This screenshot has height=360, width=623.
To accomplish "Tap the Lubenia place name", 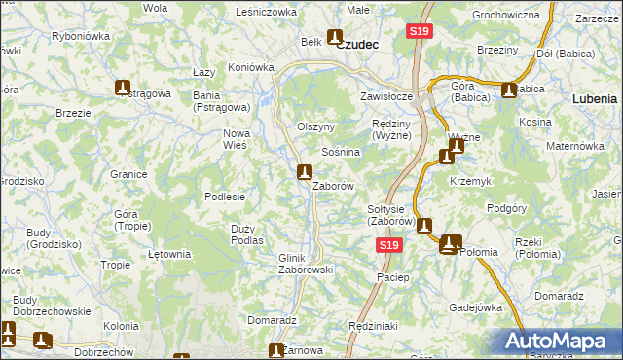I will point(595,99).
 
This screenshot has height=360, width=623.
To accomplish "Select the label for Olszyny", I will point(315,127).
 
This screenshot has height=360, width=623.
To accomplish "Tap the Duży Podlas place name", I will point(248,234).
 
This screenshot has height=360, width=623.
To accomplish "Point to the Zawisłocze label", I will point(388,97).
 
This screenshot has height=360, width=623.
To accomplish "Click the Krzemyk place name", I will point(468,182).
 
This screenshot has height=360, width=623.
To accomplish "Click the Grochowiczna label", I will point(505,16).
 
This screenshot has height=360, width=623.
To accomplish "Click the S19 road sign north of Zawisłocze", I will point(419,32).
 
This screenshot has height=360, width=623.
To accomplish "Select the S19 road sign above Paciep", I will point(388,247).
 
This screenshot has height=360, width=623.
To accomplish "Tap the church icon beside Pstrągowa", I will point(123,88).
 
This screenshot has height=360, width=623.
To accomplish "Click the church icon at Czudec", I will point(335,39).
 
